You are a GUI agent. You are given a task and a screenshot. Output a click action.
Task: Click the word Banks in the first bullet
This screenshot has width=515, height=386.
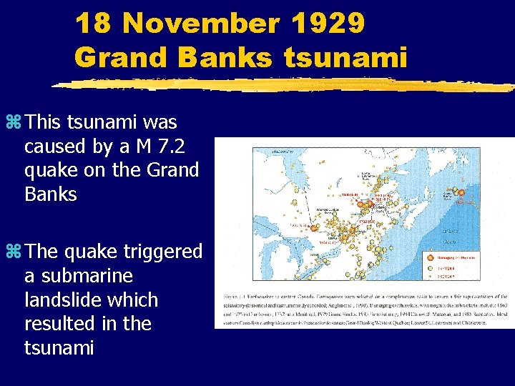50,194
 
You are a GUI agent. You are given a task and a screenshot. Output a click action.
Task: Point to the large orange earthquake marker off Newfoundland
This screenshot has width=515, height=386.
461,192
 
